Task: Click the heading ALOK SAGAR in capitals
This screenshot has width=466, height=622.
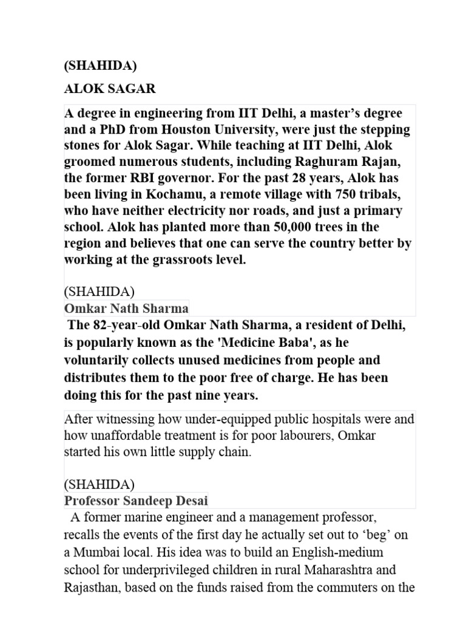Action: click(110, 89)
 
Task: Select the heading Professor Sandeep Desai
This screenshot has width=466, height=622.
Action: click(136, 501)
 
